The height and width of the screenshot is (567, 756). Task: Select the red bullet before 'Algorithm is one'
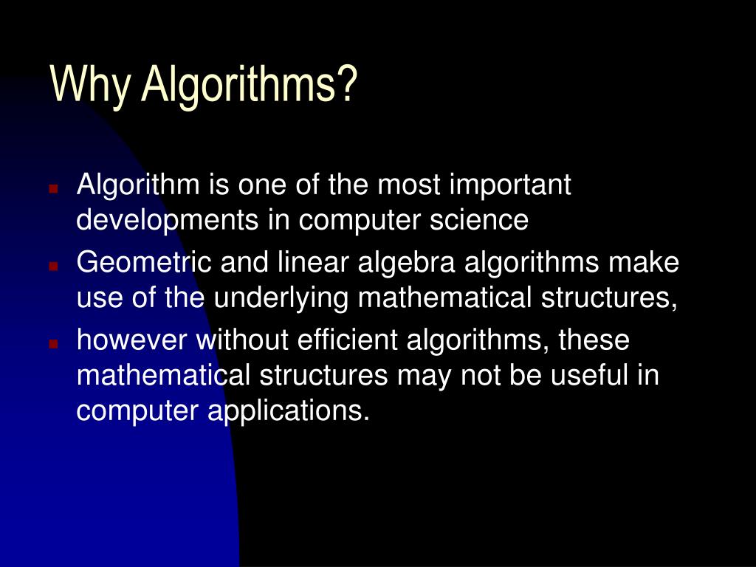pos(53,189)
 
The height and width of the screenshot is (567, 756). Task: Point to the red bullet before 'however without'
pos(53,343)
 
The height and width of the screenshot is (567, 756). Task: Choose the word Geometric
pos(136,263)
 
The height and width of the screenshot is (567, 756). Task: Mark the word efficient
pos(347,340)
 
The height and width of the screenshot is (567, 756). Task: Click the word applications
pos(287,410)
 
